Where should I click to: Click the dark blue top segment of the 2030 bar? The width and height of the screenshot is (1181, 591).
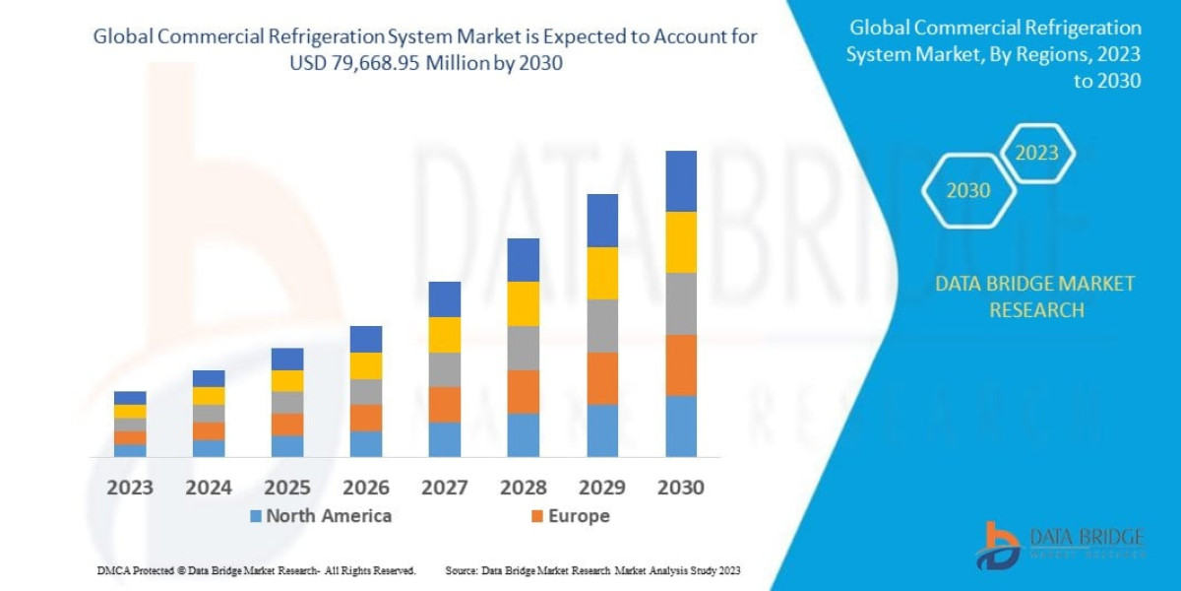point(681,181)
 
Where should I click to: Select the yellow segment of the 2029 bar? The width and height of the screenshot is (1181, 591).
point(602,273)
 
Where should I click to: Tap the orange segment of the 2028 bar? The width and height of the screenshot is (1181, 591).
point(524,391)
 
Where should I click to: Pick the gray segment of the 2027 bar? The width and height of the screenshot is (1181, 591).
point(445,369)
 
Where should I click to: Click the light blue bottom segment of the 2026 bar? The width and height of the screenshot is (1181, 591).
point(366,444)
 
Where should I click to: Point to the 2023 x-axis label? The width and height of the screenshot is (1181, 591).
point(130,488)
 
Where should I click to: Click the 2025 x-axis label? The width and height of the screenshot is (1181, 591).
point(287,488)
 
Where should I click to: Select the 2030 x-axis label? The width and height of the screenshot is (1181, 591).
point(681,488)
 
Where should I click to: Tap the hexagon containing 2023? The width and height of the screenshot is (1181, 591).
point(1037,154)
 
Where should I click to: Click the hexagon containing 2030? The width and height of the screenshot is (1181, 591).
point(968,191)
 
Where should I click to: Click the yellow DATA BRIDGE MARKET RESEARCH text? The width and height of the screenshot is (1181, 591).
point(1034,296)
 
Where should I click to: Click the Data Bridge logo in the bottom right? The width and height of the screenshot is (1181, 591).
point(1060,545)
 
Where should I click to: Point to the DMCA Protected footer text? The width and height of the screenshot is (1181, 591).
point(256,570)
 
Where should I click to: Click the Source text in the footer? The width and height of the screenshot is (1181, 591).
point(591,570)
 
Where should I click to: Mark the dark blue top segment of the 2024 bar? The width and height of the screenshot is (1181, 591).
point(209,378)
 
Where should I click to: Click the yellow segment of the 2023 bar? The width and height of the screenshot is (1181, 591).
point(130,411)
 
